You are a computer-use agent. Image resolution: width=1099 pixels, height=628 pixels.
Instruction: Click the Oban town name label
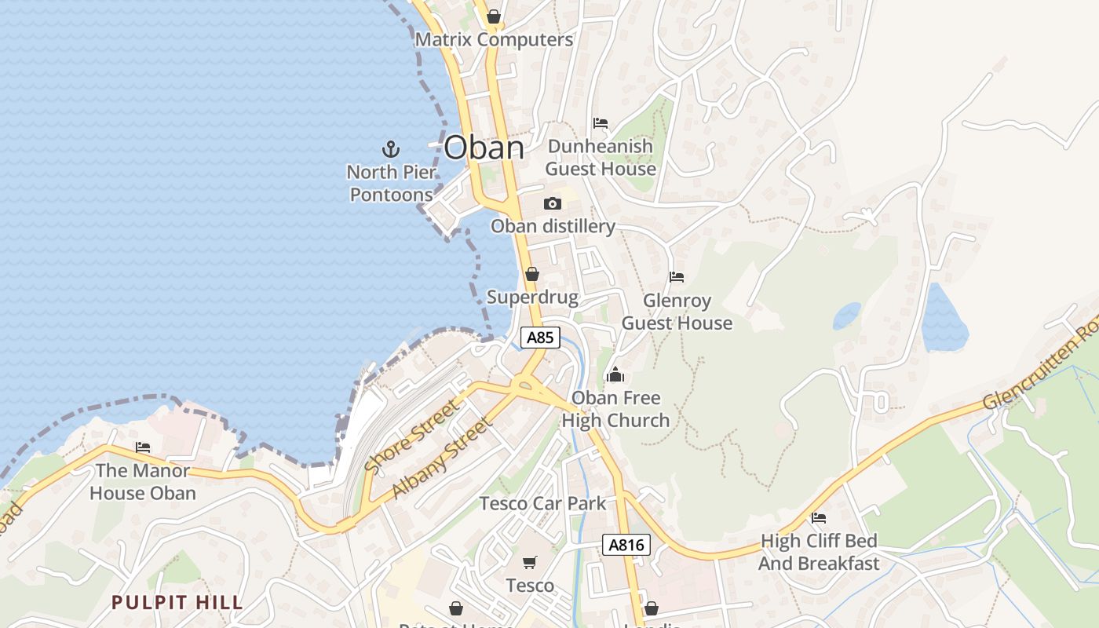click(x=484, y=148)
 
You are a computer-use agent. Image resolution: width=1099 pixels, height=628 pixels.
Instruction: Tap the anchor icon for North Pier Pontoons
click(x=390, y=148)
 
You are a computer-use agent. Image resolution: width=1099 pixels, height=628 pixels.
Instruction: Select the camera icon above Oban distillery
click(x=553, y=203)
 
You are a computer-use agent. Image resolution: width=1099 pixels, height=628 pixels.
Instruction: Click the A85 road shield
click(x=540, y=338)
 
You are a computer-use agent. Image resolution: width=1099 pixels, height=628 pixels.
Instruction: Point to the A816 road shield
click(x=626, y=545)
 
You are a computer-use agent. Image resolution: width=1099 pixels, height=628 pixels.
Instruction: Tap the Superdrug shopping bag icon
click(x=532, y=274)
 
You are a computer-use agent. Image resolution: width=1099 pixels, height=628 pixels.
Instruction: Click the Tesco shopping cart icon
click(x=530, y=562)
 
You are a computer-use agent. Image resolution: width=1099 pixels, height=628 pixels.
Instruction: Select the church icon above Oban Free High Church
click(x=615, y=374)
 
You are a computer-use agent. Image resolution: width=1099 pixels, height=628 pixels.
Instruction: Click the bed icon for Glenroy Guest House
click(x=677, y=277)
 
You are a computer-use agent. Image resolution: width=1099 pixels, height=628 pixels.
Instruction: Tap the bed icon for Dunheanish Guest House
click(x=601, y=123)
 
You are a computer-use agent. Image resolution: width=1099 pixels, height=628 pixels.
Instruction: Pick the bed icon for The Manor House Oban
click(x=143, y=447)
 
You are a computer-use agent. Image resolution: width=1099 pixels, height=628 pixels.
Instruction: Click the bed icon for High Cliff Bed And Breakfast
click(x=819, y=518)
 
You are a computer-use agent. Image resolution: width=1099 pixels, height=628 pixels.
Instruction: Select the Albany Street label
click(x=443, y=458)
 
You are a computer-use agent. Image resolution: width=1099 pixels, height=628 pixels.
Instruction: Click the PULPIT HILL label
click(x=177, y=603)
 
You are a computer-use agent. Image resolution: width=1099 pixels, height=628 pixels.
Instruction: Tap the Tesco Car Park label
click(x=543, y=503)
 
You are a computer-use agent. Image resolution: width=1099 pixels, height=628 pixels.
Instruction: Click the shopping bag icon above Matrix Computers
click(x=494, y=16)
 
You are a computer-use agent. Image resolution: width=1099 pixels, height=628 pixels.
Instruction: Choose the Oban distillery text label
click(x=553, y=226)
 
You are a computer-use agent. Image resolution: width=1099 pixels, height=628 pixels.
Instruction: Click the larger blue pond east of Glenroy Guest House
click(x=944, y=318)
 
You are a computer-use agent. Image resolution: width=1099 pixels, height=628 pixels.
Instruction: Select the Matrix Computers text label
click(x=494, y=39)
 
